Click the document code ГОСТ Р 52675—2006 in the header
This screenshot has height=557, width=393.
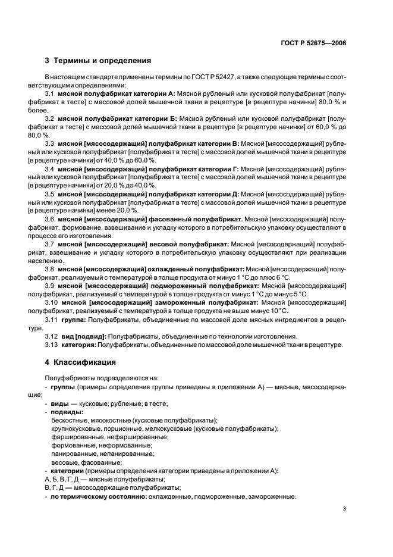point(315,42)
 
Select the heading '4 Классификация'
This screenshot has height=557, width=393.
point(83,362)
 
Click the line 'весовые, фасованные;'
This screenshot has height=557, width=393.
point(87,462)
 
